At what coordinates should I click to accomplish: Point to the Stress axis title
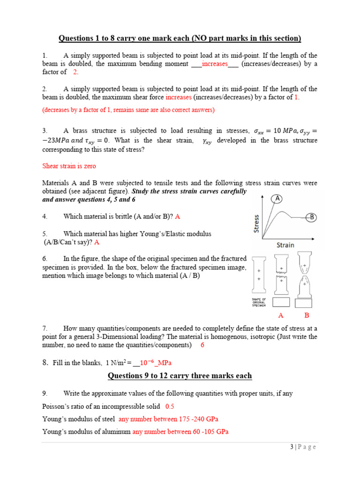tap(256, 224)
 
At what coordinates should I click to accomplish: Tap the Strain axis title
tap(285, 245)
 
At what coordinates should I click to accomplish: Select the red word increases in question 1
tap(214, 64)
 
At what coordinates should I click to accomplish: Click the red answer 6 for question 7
tap(202, 345)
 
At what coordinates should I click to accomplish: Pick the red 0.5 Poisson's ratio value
tap(170, 406)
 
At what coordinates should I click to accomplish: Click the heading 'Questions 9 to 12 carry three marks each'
tap(180, 375)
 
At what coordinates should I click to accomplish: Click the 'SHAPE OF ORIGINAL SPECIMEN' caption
tap(259, 302)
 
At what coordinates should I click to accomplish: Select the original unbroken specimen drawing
tap(259, 276)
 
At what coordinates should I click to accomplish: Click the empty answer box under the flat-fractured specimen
tap(282, 301)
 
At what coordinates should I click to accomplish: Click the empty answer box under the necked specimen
tap(306, 301)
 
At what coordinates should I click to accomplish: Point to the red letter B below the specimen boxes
tap(307, 315)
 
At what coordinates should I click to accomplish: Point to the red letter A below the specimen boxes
tap(281, 315)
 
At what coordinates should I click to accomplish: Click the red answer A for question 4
tap(178, 217)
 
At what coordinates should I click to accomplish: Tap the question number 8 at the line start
tap(45, 363)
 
